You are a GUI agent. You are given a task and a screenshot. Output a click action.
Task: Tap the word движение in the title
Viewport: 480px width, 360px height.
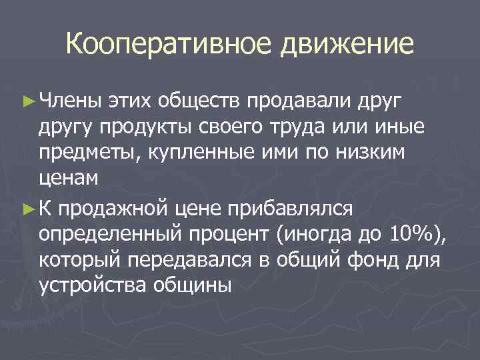click(x=347, y=45)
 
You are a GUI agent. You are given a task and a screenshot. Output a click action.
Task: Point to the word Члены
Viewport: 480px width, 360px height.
click(x=70, y=101)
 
